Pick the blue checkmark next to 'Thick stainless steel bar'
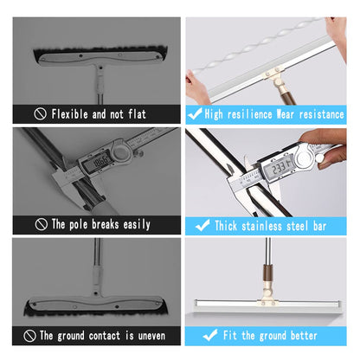tap(202, 224)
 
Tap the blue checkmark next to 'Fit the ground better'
tap(209, 335)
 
